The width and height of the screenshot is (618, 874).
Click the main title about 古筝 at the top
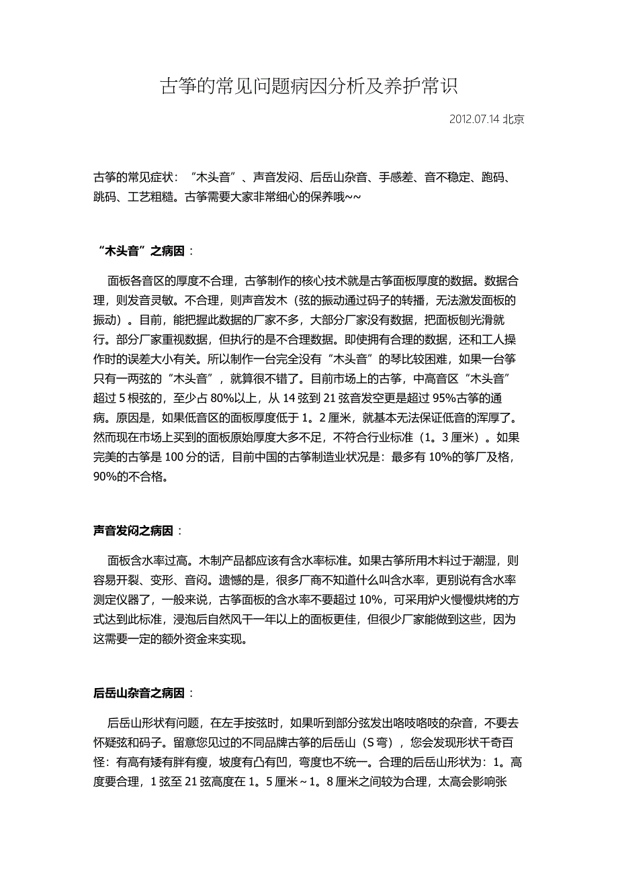pos(308,86)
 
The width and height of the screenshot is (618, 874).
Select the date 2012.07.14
pos(474,119)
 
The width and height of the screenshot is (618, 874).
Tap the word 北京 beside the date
pos(514,119)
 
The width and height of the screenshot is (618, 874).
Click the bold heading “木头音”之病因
pos(141,251)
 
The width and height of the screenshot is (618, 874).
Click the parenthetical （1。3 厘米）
pos(439,438)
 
